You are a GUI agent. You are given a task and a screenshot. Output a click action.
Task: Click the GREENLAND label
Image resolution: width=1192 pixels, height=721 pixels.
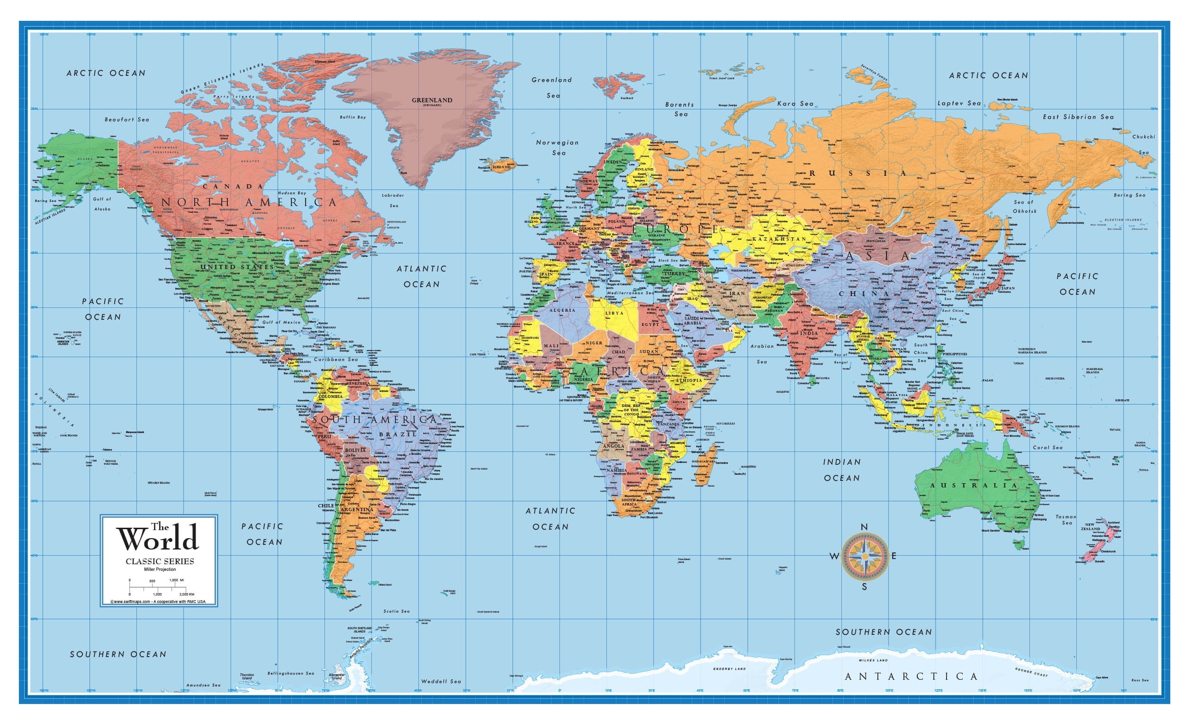point(432,100)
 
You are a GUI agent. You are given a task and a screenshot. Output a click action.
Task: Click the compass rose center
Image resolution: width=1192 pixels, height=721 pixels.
point(865,556)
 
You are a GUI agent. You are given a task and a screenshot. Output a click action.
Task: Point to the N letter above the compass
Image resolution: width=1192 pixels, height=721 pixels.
point(864,527)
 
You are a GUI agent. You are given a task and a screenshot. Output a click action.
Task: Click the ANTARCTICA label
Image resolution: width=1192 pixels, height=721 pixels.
point(912,676)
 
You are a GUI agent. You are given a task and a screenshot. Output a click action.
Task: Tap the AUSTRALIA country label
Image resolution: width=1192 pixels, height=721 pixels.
point(974,486)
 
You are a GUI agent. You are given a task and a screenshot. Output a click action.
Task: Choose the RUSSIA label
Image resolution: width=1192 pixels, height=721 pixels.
point(858,173)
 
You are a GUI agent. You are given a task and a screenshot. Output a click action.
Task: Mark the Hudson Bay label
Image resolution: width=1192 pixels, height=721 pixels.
point(292,193)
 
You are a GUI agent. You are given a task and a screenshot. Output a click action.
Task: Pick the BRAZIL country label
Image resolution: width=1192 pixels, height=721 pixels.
point(398,434)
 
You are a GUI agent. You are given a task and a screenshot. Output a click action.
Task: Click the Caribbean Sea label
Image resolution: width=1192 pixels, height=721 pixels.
point(336,359)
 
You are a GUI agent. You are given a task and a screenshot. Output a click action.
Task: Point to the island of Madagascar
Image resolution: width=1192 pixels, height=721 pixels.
point(704,464)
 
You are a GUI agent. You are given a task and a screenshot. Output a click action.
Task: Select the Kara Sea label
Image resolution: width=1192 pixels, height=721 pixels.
point(795,104)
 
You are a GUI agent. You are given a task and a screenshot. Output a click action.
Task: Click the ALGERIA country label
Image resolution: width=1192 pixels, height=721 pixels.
point(563,310)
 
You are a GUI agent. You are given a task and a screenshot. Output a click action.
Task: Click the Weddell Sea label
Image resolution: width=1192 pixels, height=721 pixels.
point(441,681)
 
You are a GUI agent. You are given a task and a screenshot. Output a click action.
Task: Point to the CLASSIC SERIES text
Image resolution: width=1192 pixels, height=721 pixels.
point(160,561)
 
